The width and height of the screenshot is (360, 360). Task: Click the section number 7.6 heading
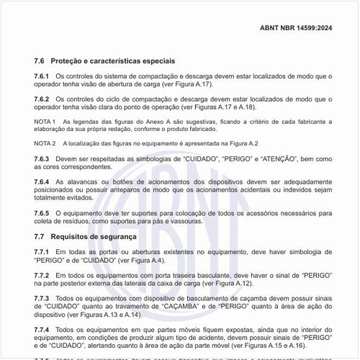[x=40, y=60]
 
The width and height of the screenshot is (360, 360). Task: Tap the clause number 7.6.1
[x=42, y=76]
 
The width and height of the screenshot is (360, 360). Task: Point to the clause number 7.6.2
[x=42, y=98]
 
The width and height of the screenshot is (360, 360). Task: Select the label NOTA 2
[x=45, y=143]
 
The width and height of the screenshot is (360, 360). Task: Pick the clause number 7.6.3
[x=42, y=158]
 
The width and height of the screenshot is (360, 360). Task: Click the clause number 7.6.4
[x=42, y=181]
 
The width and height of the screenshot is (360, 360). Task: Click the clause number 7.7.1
[x=42, y=251]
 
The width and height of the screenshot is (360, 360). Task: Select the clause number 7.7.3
[x=42, y=297]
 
